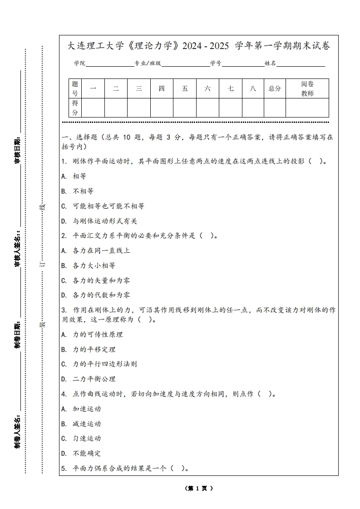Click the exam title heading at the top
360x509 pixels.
pos(199,46)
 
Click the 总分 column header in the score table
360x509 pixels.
pos(275,88)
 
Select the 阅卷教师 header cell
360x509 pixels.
pos(307,88)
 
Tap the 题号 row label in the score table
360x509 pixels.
pos(75,88)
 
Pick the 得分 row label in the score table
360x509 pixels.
pos(75,108)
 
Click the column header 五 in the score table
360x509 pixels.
pos(185,88)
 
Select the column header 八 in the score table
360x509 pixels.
pos(253,88)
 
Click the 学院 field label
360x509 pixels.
pos(80,64)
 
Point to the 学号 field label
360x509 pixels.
pos(216,64)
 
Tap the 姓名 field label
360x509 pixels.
pos(271,64)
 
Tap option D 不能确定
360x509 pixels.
pos(81,453)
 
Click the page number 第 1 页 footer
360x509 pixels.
pos(199,489)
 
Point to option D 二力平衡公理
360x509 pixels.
pos(89,379)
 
